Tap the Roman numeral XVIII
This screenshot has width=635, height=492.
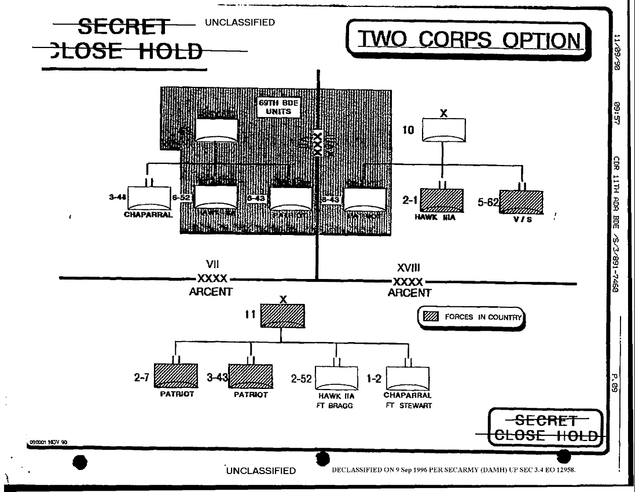(x=404, y=269)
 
